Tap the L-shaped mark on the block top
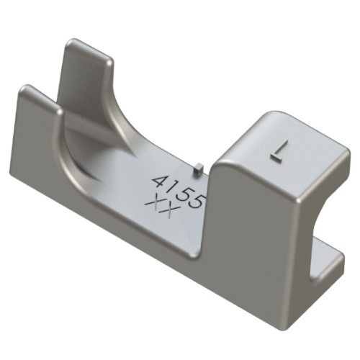pos(279,150)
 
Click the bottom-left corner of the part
pos(14,173)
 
